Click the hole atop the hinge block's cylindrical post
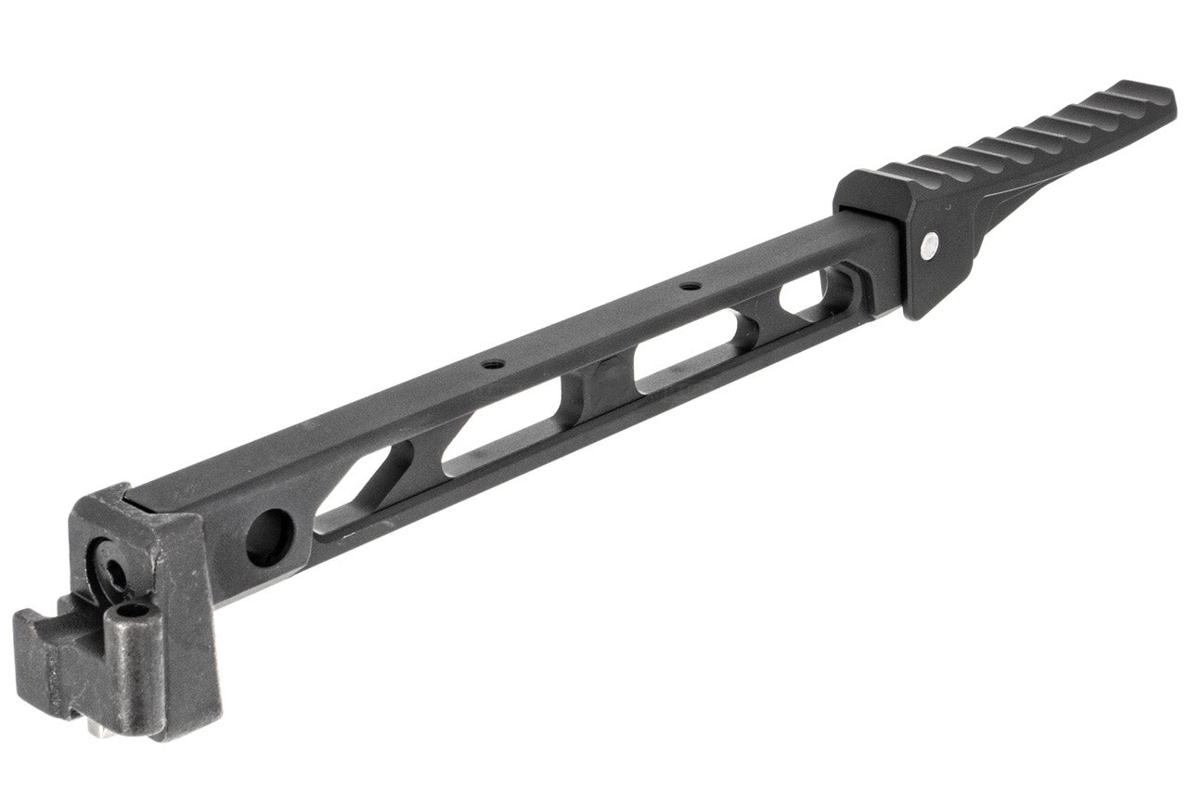click(x=133, y=611)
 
